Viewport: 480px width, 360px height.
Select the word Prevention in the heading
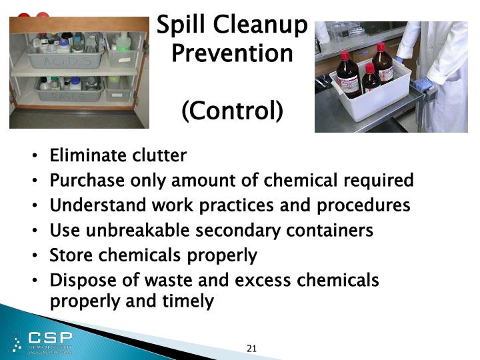[232, 53]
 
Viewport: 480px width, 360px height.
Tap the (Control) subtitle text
[232, 111]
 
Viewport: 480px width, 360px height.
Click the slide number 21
[251, 348]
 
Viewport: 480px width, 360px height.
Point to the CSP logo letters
[50, 337]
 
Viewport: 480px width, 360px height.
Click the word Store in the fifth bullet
[71, 255]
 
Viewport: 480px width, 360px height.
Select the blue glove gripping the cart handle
[421, 84]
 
